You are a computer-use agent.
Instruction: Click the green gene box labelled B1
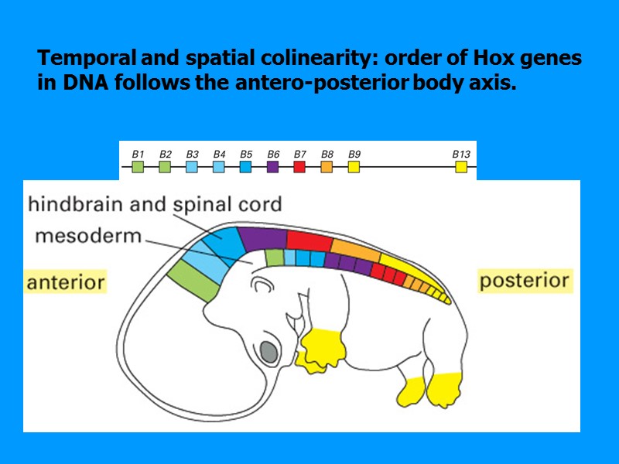point(138,165)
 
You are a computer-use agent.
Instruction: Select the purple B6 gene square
point(272,165)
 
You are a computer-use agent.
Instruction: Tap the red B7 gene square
point(299,165)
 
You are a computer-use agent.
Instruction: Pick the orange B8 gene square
point(327,165)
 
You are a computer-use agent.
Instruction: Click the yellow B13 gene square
point(461,165)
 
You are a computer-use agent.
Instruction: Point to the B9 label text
point(354,153)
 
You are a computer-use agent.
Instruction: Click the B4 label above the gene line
point(219,153)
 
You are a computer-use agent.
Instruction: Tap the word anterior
point(66,282)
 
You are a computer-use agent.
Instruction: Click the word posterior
point(525,280)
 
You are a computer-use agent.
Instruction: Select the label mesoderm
point(88,236)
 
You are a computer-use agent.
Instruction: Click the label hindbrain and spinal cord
point(155,205)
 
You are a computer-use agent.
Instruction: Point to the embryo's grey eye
point(268,353)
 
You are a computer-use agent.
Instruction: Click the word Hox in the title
point(470,59)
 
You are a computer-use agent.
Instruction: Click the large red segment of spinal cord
point(309,240)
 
